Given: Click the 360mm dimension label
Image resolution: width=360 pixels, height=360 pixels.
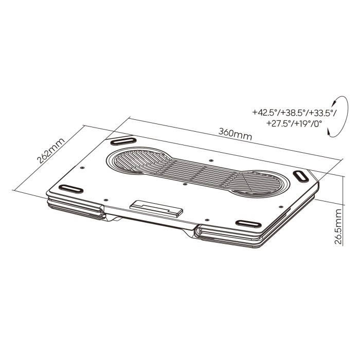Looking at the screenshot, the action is coord(235,134).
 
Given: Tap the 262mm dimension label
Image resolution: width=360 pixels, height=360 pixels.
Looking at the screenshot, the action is coord(51,150).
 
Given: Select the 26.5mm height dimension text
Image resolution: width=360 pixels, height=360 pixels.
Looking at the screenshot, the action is coord(337,226).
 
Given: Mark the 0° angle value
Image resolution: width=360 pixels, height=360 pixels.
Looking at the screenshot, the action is coord(318,123).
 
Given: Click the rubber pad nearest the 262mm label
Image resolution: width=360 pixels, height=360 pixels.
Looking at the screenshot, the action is coord(123,141).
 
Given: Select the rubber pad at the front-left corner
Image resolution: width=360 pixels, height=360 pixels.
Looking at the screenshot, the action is coord(71,189).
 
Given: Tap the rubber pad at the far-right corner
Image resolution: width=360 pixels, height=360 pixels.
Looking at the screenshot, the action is coord(301,176).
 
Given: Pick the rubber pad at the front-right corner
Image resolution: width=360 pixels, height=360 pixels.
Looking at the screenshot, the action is coord(248,224).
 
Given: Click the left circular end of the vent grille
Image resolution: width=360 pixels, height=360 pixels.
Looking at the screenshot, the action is coord(139,160).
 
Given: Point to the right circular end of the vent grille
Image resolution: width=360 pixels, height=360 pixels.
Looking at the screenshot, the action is coord(258,184).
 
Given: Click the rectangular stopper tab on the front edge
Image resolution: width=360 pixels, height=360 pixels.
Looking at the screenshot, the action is coord(156,208).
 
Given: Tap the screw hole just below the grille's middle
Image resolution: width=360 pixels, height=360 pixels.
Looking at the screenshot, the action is coord(186,184).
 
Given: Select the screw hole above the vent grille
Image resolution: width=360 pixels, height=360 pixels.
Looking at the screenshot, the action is coord(211,160).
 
